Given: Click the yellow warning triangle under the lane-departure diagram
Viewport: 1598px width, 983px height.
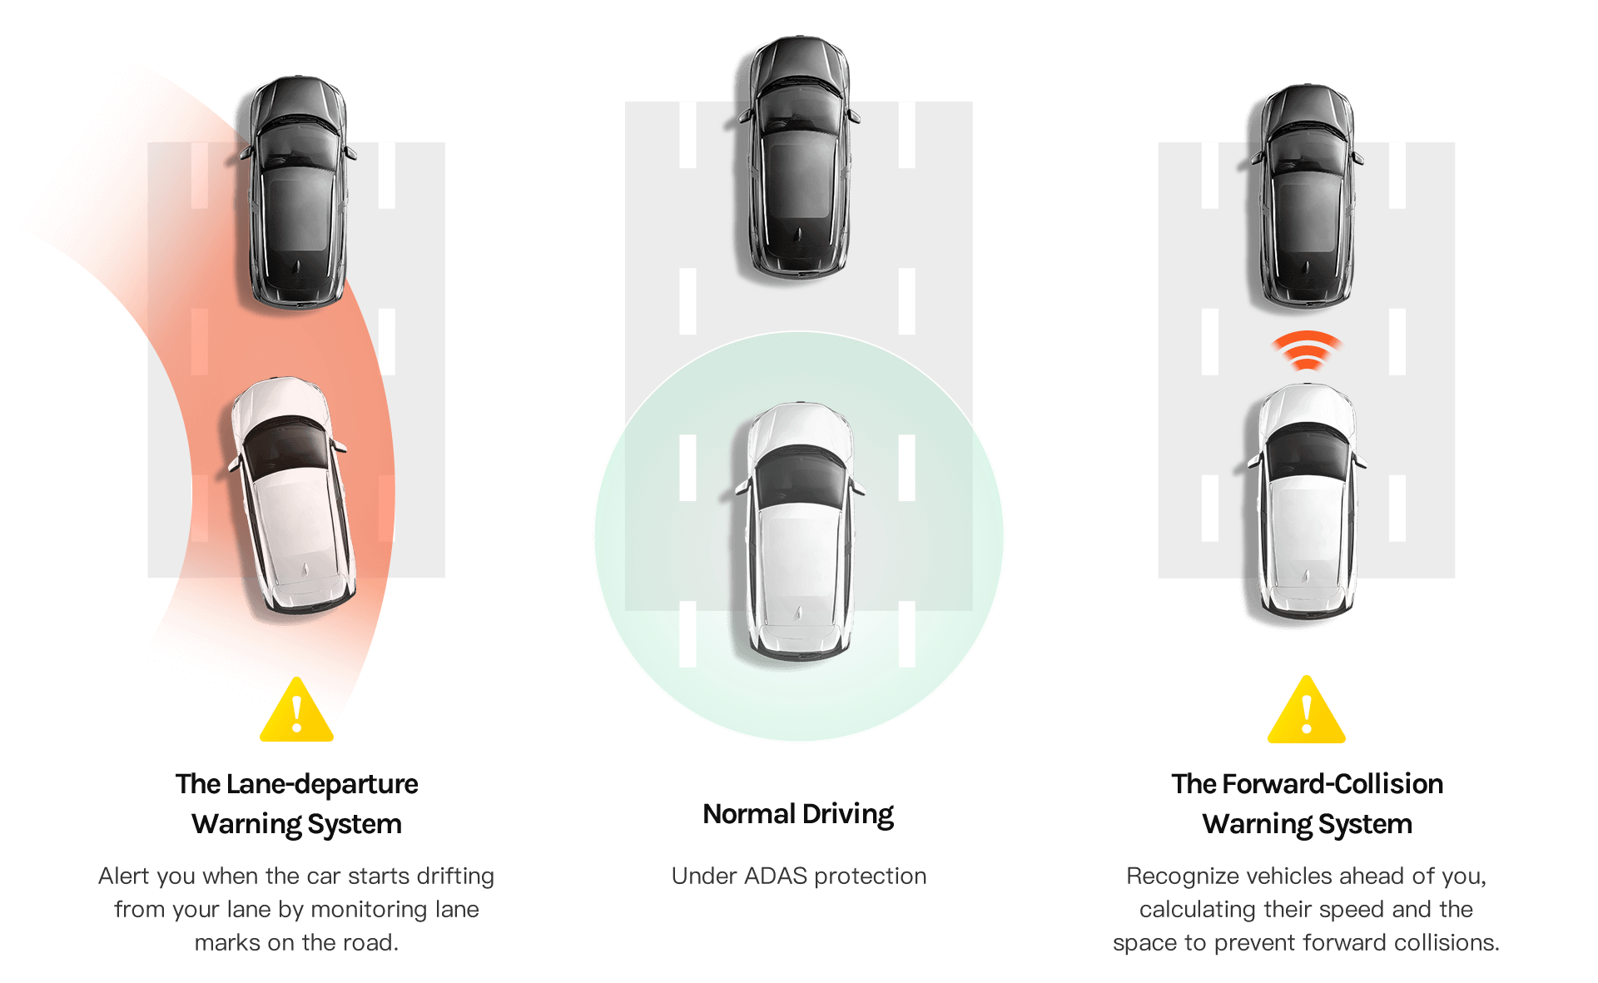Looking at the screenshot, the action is point(297,712).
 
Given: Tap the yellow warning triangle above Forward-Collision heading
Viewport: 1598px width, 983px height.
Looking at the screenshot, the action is point(1307,711).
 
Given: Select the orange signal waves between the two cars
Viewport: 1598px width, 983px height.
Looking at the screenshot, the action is point(1307,350).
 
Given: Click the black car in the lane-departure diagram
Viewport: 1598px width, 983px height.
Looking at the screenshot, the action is point(299,192).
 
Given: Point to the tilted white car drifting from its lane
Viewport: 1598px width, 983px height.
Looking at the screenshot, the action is point(292,494).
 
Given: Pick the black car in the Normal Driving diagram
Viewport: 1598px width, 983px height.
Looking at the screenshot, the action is point(799,157).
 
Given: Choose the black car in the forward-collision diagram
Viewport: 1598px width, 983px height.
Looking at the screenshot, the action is point(1308,196).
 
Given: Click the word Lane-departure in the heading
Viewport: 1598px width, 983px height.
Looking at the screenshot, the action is point(322,784).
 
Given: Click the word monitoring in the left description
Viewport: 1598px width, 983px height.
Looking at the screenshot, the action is point(368,910).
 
